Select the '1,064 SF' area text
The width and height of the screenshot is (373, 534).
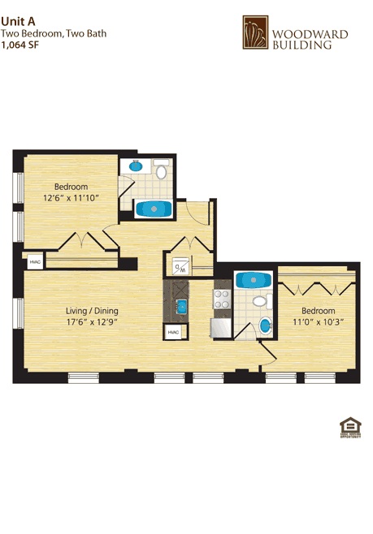point(20,45)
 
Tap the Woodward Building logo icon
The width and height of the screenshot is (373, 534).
point(256,33)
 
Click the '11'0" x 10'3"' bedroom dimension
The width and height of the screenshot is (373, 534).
point(318,321)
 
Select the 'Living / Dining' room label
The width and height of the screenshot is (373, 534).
point(92,310)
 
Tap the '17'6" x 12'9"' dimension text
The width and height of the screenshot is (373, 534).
point(92,321)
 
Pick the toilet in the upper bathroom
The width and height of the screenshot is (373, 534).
point(161,171)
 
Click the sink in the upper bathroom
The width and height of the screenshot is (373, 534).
point(136,168)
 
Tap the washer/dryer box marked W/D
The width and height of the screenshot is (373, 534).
point(180,267)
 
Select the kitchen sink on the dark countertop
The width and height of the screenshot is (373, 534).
point(183,306)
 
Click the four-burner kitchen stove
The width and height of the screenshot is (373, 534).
point(221,299)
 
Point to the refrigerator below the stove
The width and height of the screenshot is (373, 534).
point(221,327)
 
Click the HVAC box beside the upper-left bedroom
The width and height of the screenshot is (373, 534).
point(34,262)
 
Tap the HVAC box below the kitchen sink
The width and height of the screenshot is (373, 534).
point(173,334)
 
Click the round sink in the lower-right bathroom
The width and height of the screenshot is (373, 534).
point(266,328)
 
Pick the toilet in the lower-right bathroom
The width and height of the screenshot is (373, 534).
point(259,303)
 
